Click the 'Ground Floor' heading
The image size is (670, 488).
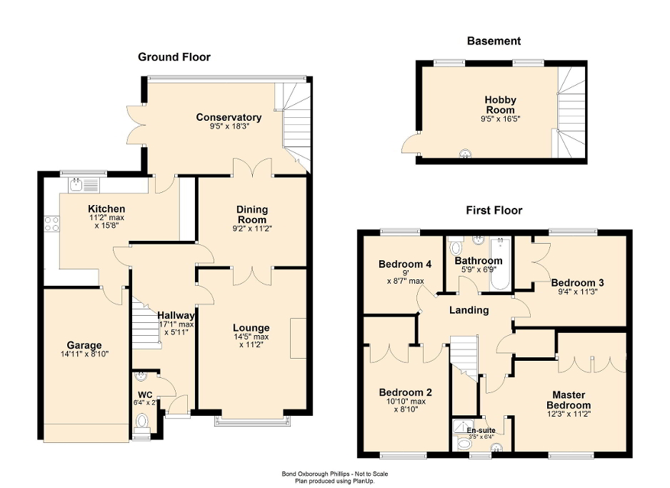174,57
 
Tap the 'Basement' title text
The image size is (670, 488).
494,41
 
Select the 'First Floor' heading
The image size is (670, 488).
494,210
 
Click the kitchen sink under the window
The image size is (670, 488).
84,185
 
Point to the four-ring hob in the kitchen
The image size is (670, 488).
51,224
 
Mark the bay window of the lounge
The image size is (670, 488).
253,421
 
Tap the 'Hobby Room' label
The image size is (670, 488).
500,105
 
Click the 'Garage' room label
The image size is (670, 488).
84,345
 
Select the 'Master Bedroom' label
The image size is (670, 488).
569,399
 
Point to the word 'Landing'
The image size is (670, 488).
469,310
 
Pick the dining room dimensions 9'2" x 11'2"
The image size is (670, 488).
251,229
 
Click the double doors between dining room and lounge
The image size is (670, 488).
251,274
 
